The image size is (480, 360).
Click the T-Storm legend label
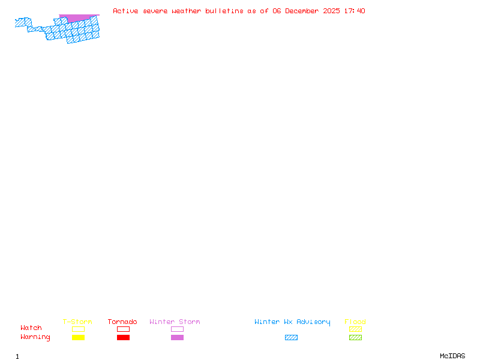77,322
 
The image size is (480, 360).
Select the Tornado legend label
122,322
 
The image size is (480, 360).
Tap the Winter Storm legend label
175,322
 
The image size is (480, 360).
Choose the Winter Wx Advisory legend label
292,322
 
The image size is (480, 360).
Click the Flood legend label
355,322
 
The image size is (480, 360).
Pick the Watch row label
31,328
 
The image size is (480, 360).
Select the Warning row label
35,337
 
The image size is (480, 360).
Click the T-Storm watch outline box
78,329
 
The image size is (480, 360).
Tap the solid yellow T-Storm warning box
78,337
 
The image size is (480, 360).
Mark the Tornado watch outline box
123,329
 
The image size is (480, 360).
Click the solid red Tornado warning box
123,337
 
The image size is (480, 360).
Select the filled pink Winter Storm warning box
177,337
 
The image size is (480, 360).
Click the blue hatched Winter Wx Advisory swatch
291,337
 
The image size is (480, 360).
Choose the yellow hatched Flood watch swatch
355,329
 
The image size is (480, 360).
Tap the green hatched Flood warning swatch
355,337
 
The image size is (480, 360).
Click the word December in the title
304,11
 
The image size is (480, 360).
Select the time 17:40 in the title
355,11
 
